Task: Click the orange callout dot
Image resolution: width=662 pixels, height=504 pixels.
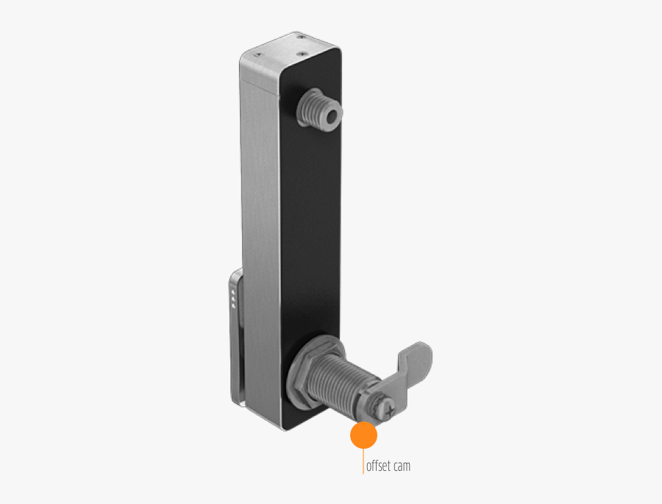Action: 363,436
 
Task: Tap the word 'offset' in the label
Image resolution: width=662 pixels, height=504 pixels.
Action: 381,466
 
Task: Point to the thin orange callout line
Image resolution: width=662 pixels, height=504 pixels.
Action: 363,462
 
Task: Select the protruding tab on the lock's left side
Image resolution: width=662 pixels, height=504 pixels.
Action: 235,338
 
